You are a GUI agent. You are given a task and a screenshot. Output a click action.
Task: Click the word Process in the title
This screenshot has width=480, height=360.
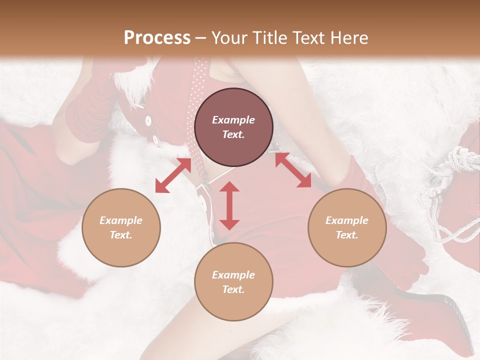(157, 38)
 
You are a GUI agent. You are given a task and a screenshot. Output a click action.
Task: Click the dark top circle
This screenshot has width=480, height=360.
(233, 127)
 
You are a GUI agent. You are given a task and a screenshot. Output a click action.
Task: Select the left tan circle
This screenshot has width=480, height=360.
(121, 227)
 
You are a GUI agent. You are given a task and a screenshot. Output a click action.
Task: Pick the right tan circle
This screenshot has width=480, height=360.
(347, 227)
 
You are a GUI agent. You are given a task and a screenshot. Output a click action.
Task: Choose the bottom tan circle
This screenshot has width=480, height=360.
(233, 281)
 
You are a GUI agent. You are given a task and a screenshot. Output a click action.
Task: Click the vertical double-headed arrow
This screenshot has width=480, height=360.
(229, 205)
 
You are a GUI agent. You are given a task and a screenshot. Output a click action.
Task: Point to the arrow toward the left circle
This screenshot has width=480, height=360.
(173, 175)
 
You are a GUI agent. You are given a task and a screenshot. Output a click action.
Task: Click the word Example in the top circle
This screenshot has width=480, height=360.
(233, 120)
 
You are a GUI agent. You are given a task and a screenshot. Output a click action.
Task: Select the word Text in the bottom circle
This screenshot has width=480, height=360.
(233, 289)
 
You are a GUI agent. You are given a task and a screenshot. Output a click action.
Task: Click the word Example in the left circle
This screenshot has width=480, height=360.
(121, 220)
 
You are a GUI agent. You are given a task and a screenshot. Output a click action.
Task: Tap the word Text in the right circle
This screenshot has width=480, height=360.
(347, 235)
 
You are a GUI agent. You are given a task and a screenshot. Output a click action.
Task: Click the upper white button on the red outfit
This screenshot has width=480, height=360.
(148, 120)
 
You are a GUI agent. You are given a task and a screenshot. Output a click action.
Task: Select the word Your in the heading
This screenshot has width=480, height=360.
(226, 38)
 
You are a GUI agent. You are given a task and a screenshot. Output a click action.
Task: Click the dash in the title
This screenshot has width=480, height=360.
(200, 38)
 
